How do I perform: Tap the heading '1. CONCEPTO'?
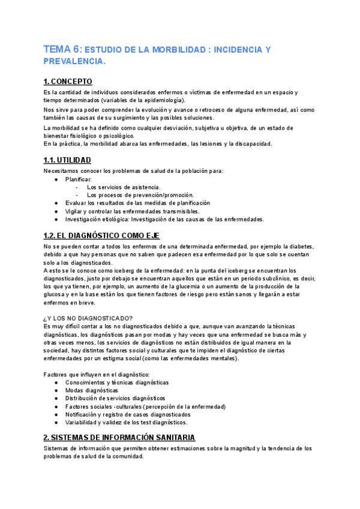(68, 81)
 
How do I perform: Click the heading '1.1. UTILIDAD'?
(67, 160)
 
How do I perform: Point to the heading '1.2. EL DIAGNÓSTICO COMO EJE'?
(101, 235)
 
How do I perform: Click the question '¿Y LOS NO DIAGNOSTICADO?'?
(88, 318)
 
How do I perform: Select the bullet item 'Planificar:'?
(79, 179)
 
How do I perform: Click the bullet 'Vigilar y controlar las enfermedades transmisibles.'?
(133, 211)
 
